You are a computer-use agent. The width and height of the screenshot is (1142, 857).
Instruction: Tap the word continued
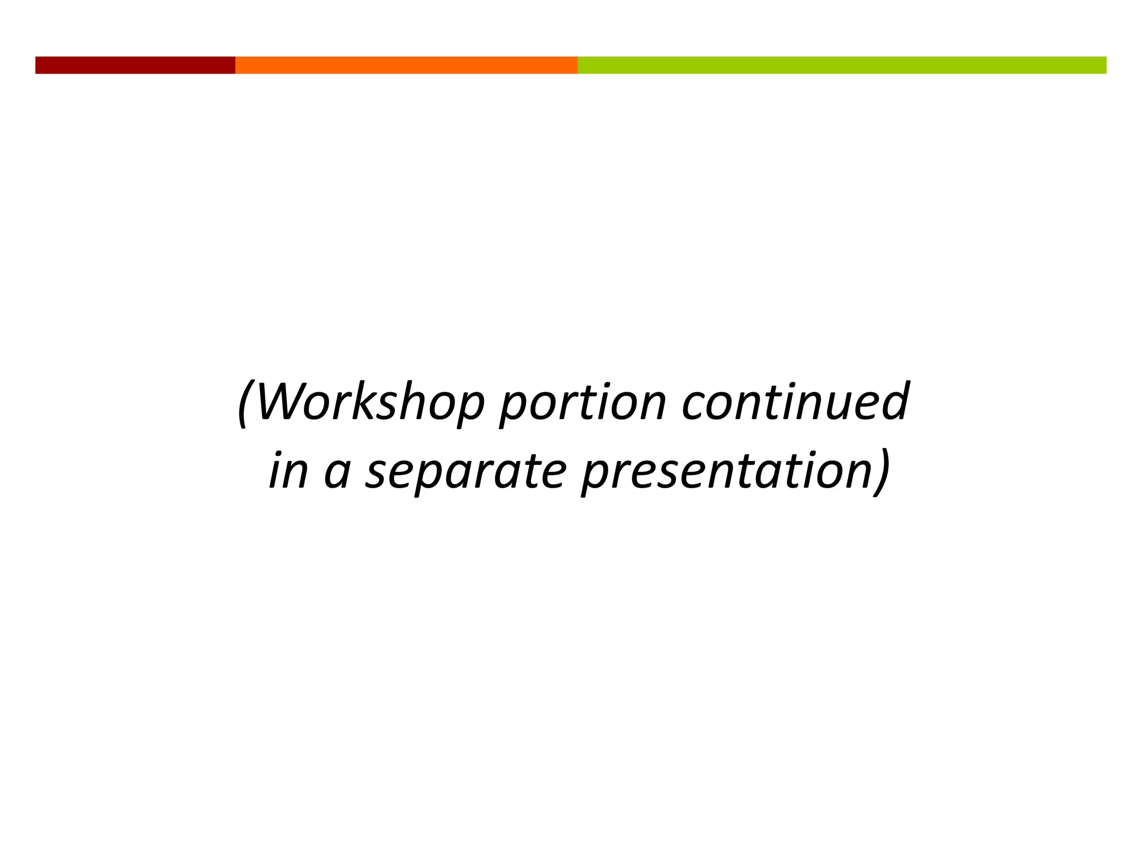[x=796, y=402]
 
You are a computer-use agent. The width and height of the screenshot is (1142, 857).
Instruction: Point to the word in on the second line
[x=288, y=471]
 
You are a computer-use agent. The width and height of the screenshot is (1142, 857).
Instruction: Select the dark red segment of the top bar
[x=135, y=65]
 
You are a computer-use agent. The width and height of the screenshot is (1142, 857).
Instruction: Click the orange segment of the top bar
[x=406, y=65]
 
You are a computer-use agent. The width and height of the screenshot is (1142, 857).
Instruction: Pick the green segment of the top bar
[x=842, y=65]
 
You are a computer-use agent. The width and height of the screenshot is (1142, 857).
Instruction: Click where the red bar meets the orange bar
[x=235, y=65]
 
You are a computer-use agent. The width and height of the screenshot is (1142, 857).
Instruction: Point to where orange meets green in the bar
[x=578, y=65]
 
